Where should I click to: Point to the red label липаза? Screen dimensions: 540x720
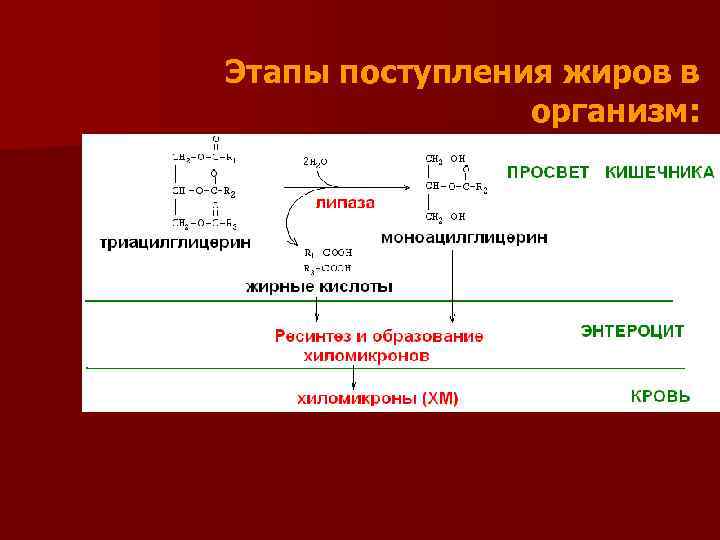(345, 202)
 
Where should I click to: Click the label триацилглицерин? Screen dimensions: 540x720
(175, 243)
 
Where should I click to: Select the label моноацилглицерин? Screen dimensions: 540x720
(464, 237)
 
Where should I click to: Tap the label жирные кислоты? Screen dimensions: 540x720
(319, 286)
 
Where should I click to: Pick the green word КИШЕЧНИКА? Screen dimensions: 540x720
(659, 172)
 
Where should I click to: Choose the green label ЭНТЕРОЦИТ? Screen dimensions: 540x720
(633, 331)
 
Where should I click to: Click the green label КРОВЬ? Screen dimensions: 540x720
(659, 396)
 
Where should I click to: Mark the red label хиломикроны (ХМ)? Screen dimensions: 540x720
(378, 399)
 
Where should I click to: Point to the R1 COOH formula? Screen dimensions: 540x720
(327, 253)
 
